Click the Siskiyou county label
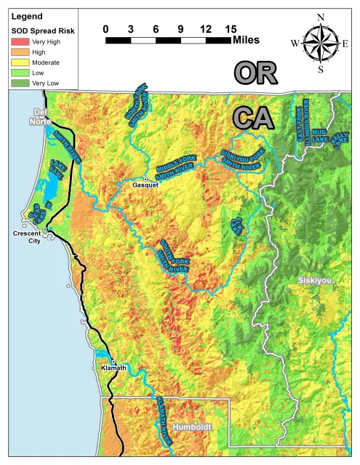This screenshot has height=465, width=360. pyautogui.click(x=315, y=280)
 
